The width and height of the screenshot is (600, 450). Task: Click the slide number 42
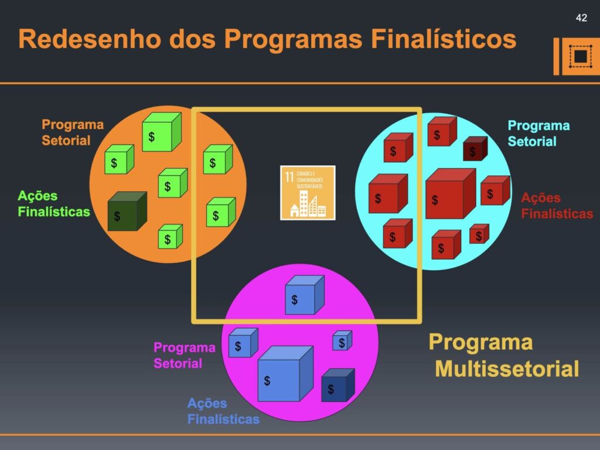coord(581,18)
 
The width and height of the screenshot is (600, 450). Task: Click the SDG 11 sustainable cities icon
coord(308,193)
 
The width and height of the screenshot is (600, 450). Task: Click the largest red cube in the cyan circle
coord(450,194)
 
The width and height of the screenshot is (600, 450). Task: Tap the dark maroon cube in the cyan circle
coord(475,149)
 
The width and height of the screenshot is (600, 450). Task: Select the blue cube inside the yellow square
coord(304,295)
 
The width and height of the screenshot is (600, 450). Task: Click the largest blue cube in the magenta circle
coord(285,374)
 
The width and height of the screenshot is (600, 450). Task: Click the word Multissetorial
coord(507,369)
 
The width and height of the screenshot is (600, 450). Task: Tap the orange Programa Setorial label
coord(72,132)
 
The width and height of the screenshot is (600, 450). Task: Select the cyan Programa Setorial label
coord(538,134)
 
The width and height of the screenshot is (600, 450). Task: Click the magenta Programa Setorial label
coord(184,355)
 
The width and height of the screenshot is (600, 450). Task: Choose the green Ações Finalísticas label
coord(54,204)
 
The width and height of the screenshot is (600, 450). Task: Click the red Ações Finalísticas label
coord(557,206)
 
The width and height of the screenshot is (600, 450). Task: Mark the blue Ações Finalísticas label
coord(223,411)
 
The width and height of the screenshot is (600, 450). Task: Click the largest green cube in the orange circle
coord(161,132)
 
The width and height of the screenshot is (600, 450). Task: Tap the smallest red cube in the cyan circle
coord(479,234)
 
